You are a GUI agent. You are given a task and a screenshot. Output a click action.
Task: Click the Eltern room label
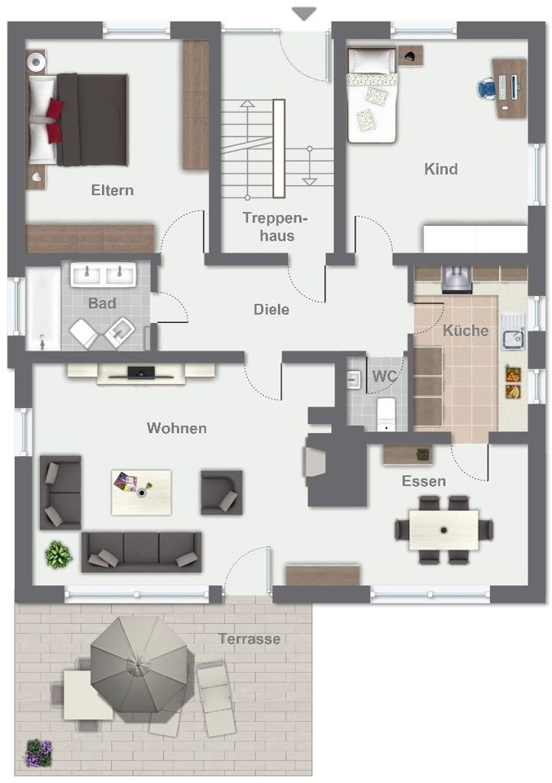click(113, 190)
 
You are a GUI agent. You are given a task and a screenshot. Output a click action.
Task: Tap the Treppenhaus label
click(275, 227)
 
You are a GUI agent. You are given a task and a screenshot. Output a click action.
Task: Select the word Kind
click(440, 169)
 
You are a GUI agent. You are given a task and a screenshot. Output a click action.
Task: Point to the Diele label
click(272, 309)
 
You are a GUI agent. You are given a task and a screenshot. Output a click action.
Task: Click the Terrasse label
click(249, 639)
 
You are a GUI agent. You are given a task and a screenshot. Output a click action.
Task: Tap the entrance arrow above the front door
click(304, 14)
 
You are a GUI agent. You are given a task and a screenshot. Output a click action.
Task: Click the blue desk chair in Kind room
click(487, 88)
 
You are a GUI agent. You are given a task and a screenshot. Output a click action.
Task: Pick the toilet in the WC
click(386, 414)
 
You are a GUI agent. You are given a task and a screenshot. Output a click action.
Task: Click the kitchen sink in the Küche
click(513, 331)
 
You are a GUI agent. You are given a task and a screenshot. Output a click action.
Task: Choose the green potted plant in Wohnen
click(59, 555)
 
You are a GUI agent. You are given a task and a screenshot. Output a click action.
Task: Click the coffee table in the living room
click(141, 493)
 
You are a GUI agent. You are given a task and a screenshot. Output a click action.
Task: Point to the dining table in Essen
click(444, 530)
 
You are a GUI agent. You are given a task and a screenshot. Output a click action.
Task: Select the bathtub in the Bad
click(43, 310)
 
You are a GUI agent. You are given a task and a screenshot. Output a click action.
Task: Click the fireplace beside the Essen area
click(315, 462)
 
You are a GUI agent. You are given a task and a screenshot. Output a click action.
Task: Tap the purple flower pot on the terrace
click(38, 753)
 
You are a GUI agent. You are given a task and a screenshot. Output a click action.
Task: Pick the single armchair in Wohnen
click(222, 493)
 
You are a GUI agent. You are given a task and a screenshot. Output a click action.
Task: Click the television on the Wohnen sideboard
click(141, 373)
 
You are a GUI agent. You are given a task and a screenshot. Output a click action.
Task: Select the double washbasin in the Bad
click(104, 274)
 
